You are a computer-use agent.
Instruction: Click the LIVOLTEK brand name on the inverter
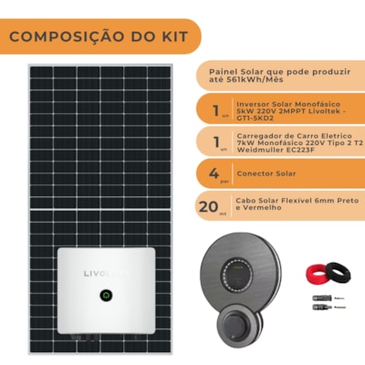coord(107,273)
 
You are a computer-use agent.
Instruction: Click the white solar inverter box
coord(107,291)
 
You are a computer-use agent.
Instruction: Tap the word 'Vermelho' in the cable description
coord(258,210)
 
